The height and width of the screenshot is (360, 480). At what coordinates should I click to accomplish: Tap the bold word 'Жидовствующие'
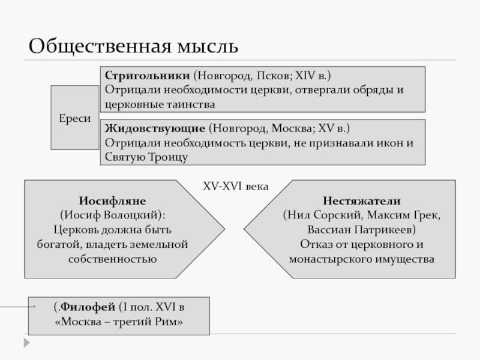point(156,129)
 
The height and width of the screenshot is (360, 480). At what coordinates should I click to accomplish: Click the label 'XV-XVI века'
point(235,187)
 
